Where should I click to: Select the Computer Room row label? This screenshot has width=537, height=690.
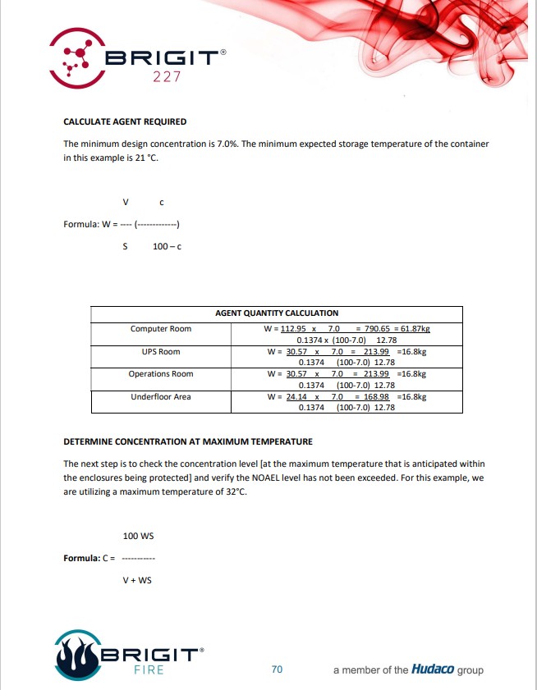pyautogui.click(x=161, y=329)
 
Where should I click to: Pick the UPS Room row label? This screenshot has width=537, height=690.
pyautogui.click(x=161, y=352)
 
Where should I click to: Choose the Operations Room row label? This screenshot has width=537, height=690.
pyautogui.click(x=161, y=374)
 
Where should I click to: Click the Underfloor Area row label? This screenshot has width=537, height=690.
pyautogui.click(x=161, y=397)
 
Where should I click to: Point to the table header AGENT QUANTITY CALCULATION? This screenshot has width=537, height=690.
pyautogui.click(x=277, y=313)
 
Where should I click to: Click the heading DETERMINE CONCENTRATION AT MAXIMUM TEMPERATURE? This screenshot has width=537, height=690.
pyautogui.click(x=188, y=441)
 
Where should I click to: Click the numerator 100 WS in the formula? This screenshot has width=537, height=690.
pyautogui.click(x=138, y=536)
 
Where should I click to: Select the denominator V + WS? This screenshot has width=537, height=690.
pyautogui.click(x=137, y=580)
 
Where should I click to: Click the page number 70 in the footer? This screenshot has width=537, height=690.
pyautogui.click(x=277, y=669)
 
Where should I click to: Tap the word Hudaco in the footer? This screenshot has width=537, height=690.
pyautogui.click(x=433, y=669)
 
